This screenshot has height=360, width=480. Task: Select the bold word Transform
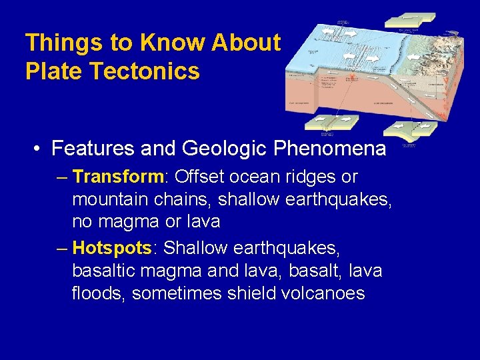click(118, 177)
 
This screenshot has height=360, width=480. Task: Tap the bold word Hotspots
click(112, 249)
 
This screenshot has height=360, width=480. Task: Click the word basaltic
click(105, 271)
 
